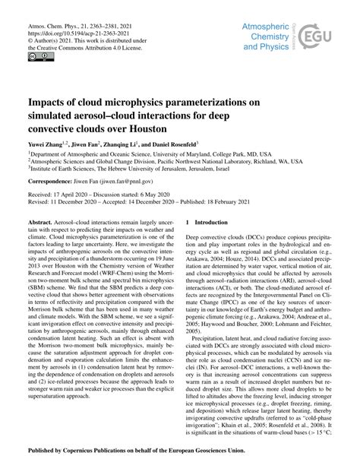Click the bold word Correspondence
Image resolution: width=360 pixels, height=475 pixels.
[53, 182]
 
